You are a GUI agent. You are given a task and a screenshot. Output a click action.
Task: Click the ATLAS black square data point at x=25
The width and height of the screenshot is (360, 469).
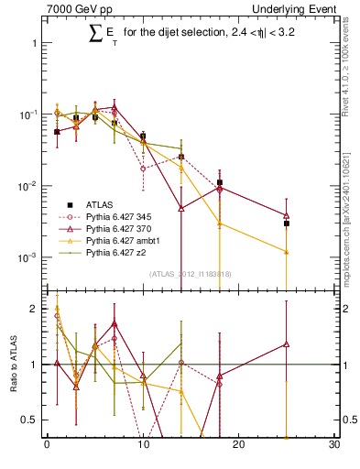(x=287, y=223)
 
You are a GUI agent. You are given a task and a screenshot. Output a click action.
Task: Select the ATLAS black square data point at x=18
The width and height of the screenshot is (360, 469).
(x=220, y=182)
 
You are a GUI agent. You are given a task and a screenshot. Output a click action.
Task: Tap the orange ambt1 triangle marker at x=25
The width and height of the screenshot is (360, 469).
(x=287, y=252)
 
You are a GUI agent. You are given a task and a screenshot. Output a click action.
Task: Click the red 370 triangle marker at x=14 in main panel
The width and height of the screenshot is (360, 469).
(x=181, y=208)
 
